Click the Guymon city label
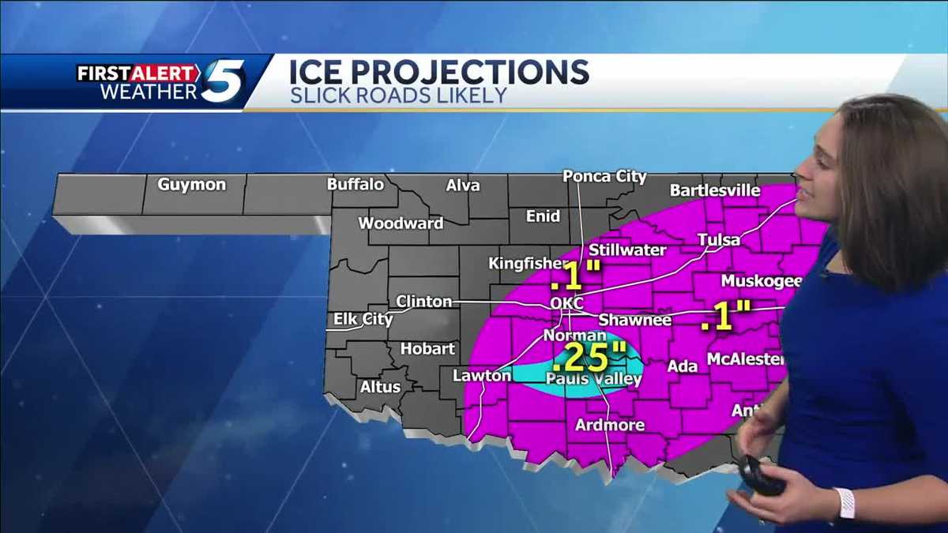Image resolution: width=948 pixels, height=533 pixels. tap(192, 185)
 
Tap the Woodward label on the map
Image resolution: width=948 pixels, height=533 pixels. tap(401, 223)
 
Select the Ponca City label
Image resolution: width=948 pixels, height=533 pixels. tap(604, 176)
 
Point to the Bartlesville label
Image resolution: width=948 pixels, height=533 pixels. tap(714, 190)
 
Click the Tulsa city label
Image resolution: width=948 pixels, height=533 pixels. tap(719, 240)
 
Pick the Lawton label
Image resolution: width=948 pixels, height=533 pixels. tap(482, 376)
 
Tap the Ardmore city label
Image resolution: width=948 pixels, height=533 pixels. tap(609, 425)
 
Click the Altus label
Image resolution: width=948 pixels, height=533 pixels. tap(380, 387)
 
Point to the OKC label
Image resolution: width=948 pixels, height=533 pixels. tap(567, 304)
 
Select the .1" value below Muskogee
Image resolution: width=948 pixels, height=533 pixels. tap(725, 317)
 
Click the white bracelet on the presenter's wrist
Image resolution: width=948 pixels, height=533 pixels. tap(844, 503)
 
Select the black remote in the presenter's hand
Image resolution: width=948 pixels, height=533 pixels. tap(762, 476)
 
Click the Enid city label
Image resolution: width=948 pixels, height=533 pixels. tap(543, 216)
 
